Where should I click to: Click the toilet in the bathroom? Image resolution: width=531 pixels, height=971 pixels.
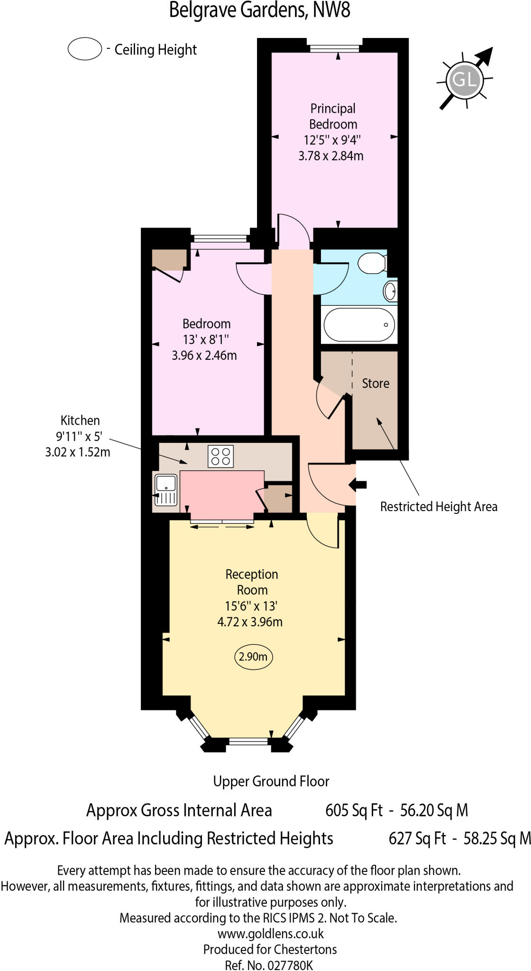(372, 263)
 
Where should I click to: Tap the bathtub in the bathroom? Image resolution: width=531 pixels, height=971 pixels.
(359, 325)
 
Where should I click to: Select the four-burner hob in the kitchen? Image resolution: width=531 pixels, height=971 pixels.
(220, 456)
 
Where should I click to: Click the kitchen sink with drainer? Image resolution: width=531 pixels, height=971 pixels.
(165, 490)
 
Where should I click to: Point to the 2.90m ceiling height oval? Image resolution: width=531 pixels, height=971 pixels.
(253, 657)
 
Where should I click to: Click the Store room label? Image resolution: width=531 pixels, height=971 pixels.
(375, 384)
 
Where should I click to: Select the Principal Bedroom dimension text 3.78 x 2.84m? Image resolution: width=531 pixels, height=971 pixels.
(331, 156)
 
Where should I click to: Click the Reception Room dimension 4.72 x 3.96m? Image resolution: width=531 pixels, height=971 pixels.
(250, 622)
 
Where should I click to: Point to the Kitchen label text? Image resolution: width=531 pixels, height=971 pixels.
(80, 421)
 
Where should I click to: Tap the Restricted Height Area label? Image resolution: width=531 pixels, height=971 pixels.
(439, 507)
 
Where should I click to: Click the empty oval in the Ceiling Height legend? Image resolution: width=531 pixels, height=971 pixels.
(85, 49)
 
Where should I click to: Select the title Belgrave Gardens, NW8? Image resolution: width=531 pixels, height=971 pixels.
(260, 10)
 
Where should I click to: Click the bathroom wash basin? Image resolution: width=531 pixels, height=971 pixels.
(390, 291)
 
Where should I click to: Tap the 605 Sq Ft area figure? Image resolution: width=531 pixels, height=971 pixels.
(354, 810)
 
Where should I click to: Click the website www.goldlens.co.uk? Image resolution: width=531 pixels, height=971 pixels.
(270, 934)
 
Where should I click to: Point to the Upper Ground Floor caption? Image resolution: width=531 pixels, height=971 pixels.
(271, 781)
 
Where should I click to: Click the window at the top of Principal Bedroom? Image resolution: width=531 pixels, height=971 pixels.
(338, 47)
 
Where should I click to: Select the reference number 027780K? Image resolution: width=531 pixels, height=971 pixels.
(290, 965)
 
